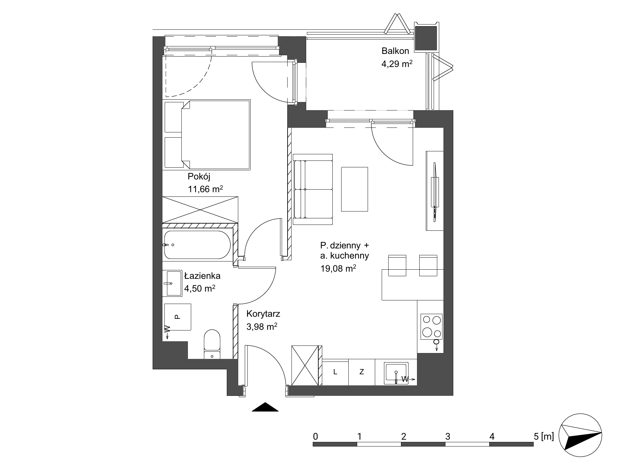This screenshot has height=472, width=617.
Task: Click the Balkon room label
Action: [x=395, y=51]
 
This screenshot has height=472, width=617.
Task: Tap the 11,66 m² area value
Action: [x=205, y=189]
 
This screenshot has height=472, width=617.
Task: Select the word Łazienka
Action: [x=202, y=276]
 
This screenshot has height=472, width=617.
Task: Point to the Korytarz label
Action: [x=263, y=314]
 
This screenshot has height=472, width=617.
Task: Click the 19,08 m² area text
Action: [x=338, y=269]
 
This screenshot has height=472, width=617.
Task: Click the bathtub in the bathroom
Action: [x=197, y=245]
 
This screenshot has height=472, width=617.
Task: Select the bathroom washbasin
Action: [x=172, y=283]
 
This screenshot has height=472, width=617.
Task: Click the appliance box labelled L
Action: [x=335, y=372]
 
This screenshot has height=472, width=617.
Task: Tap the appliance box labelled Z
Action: [x=362, y=372]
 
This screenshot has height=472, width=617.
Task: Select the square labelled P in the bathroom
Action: [x=177, y=317]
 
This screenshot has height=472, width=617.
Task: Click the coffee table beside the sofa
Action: [x=355, y=189]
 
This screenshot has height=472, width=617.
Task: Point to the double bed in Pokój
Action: [x=207, y=135]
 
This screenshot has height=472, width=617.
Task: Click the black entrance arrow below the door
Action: [x=265, y=407]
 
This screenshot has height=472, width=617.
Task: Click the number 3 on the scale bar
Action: [x=448, y=436]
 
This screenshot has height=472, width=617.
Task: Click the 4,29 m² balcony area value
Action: [x=397, y=64]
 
